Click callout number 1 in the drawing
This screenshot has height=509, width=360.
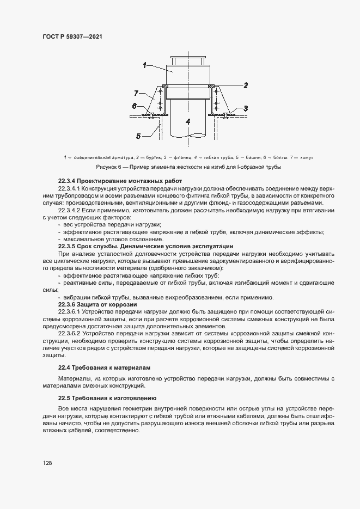click(x=144, y=65)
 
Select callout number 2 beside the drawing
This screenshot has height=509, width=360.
click(x=246, y=85)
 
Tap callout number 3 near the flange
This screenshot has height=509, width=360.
click(x=246, y=108)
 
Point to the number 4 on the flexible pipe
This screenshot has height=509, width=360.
click(x=187, y=122)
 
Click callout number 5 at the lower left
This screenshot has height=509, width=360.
click(x=138, y=136)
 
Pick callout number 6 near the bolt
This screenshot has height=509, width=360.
click(x=134, y=106)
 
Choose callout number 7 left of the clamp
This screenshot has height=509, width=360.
click(x=137, y=93)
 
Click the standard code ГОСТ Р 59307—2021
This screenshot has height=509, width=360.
click(x=72, y=36)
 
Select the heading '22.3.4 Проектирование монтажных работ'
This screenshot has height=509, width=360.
click(x=120, y=181)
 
